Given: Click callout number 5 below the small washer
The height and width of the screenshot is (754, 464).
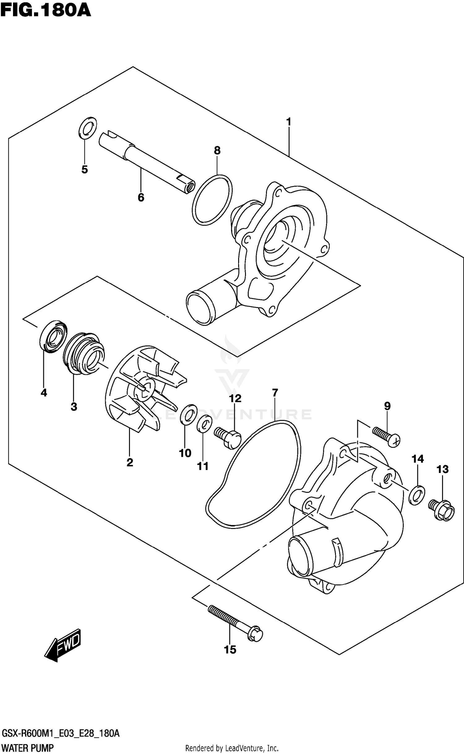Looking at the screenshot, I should [84, 169].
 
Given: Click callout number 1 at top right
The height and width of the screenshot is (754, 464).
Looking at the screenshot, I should [289, 122].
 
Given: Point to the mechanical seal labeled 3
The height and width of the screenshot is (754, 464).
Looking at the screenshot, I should [84, 353].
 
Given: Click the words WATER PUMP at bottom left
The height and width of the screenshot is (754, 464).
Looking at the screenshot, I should [28, 746].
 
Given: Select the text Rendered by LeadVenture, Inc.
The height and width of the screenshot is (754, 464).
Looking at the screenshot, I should [232, 746].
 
